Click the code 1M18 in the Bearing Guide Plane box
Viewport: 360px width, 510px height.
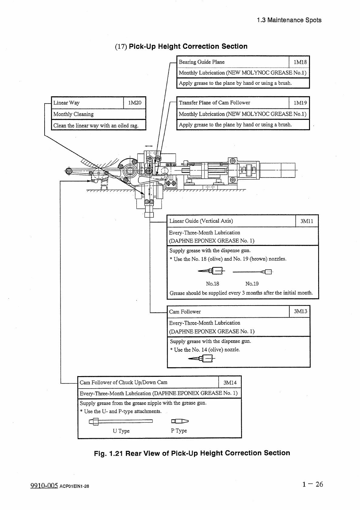click(300, 62)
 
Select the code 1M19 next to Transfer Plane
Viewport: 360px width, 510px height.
click(300, 103)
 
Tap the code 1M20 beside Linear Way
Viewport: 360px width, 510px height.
click(135, 103)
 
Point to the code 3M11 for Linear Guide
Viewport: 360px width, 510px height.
click(307, 221)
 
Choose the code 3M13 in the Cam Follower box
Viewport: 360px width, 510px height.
click(300, 311)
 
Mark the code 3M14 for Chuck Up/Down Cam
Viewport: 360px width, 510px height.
click(230, 382)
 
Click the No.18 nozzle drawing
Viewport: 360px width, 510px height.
click(211, 271)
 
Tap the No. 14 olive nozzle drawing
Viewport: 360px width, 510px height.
click(202, 359)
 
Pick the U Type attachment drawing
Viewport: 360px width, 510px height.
click(120, 421)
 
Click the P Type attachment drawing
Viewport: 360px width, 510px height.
click(180, 421)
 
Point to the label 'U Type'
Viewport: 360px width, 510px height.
click(121, 431)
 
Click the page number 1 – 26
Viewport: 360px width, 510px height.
click(312, 484)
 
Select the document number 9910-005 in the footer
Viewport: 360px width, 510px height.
click(44, 485)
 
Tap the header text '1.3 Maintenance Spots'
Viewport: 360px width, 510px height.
click(289, 20)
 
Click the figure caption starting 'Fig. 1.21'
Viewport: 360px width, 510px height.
click(192, 453)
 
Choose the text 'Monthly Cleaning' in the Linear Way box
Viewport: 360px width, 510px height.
click(73, 114)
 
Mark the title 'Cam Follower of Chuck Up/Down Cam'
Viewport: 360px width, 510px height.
click(123, 382)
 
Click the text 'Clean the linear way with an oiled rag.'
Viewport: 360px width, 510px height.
click(96, 126)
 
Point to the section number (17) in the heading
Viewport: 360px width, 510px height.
click(121, 47)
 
